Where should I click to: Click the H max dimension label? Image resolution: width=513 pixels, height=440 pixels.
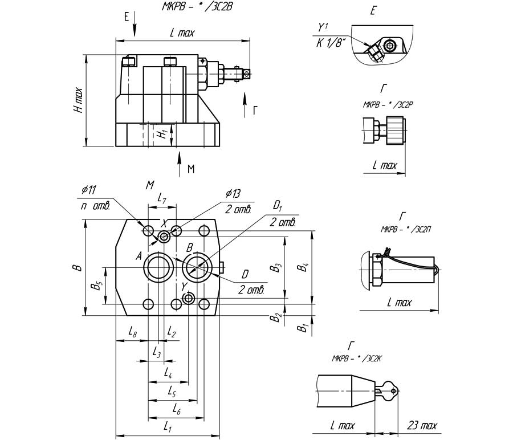coord(78,100)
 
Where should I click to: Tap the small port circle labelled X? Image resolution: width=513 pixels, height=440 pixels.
coord(165,236)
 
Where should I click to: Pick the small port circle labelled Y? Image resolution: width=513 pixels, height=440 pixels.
coord(189,298)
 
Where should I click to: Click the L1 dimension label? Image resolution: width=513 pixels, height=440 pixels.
coord(168,425)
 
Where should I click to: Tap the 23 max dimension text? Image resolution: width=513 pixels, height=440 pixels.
coord(422,425)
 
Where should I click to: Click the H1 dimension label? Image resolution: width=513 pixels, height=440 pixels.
coord(163,135)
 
